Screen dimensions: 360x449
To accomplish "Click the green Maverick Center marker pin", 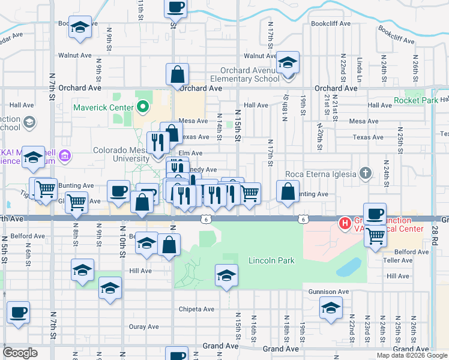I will click(x=142, y=108).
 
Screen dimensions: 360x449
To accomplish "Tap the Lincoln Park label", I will click(x=272, y=261).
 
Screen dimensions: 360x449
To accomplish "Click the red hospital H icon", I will click(x=345, y=224).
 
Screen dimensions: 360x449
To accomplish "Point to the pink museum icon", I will click(x=65, y=157).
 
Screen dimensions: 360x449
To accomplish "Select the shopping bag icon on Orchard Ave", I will click(x=178, y=75).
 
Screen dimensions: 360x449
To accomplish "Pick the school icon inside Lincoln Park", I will click(x=227, y=275).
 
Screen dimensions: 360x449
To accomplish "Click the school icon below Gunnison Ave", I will click(x=330, y=308).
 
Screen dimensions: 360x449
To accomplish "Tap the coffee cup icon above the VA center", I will click(x=375, y=214).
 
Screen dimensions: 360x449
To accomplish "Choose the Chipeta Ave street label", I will click(x=196, y=310).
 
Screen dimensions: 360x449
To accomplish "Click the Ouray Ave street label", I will click(x=144, y=327).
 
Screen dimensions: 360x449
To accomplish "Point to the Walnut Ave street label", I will click(x=74, y=55).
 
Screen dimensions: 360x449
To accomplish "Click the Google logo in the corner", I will click(x=20, y=353).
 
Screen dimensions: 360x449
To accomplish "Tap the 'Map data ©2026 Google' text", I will click(x=412, y=355).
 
